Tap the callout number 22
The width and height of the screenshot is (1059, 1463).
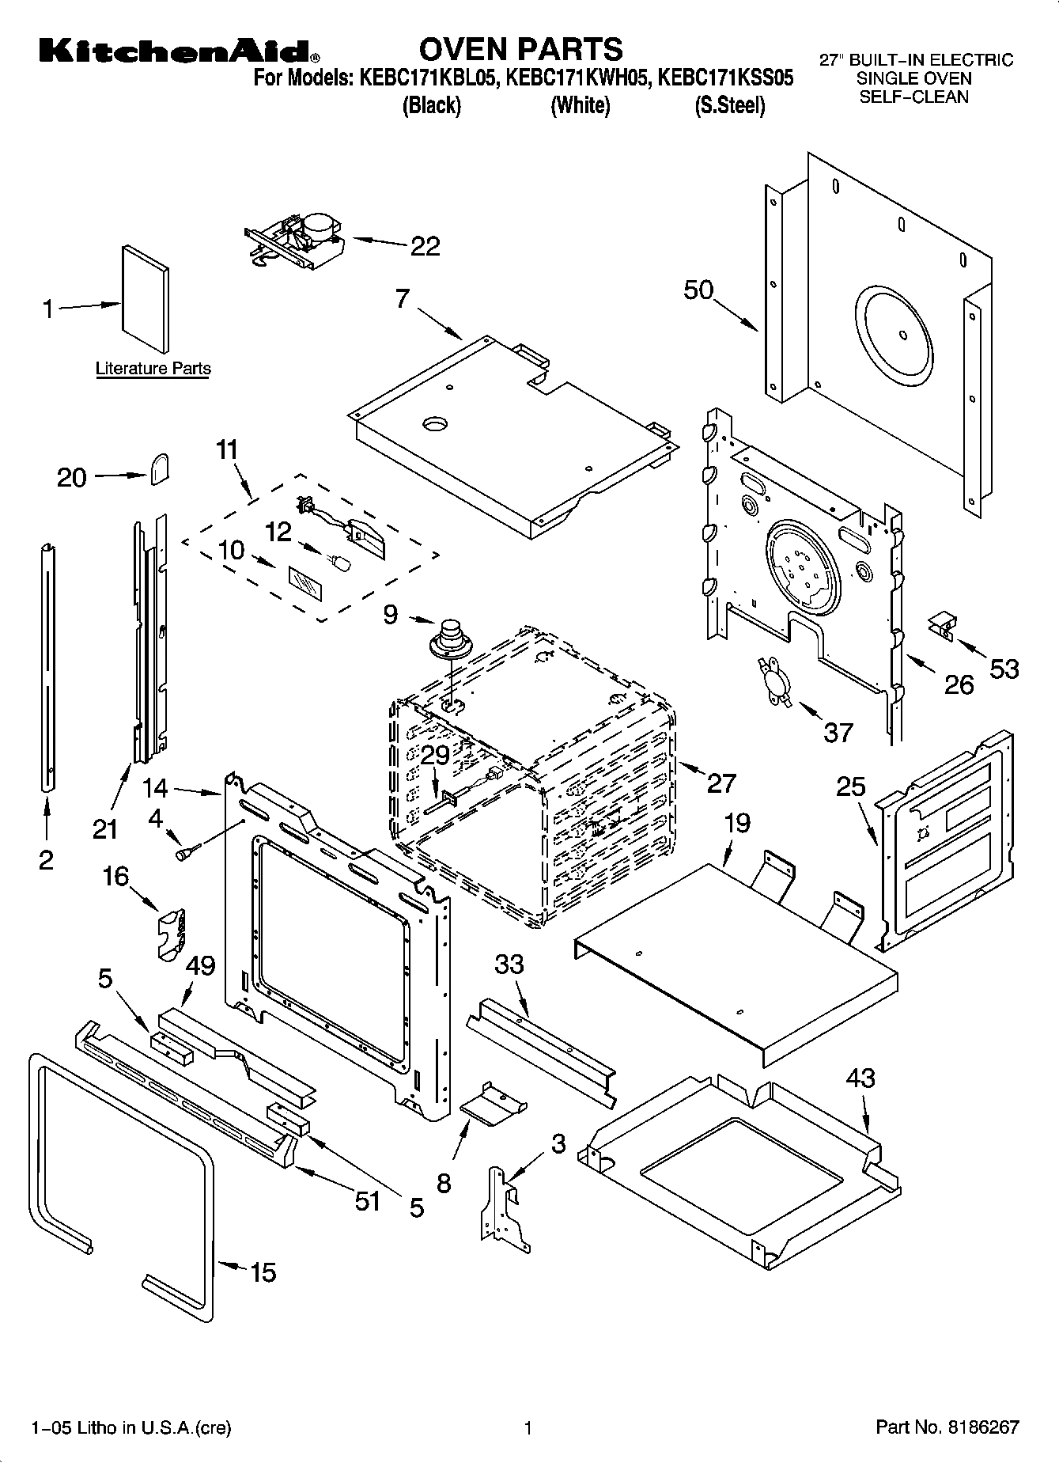tap(425, 247)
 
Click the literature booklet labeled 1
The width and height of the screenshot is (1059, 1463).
tap(145, 298)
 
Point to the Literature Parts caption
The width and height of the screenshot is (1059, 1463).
tap(153, 369)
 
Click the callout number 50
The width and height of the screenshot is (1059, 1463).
tap(698, 290)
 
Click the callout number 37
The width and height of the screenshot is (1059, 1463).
tap(838, 733)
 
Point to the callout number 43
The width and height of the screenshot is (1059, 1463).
tap(860, 1078)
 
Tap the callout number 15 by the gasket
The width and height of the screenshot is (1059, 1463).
tap(263, 1272)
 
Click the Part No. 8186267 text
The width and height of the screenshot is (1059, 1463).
tap(947, 1428)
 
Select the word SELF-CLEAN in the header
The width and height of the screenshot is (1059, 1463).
tap(913, 97)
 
